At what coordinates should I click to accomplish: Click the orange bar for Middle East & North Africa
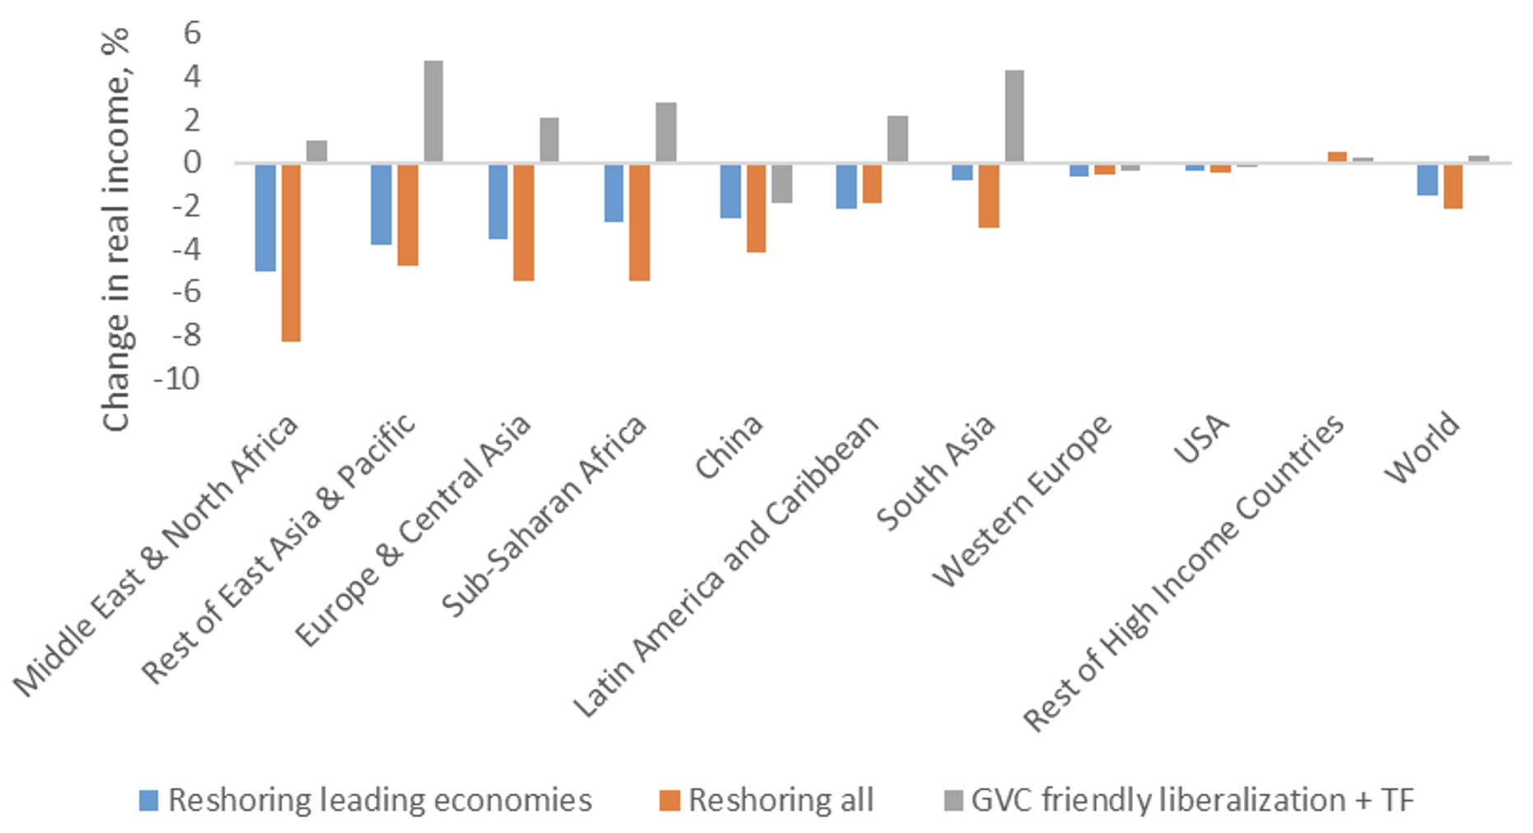click(x=291, y=252)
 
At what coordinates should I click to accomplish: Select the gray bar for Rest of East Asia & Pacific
click(x=433, y=111)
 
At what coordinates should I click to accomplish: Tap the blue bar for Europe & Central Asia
click(x=497, y=201)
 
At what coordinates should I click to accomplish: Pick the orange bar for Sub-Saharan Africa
click(x=640, y=221)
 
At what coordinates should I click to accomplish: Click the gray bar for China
click(x=781, y=183)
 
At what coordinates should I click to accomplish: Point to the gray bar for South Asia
click(x=1014, y=116)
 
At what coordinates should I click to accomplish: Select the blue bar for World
click(x=1428, y=179)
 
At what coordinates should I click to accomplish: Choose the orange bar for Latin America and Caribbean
click(x=872, y=183)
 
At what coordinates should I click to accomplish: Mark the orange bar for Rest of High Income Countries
click(x=1337, y=156)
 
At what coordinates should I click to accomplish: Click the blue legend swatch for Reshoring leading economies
click(x=149, y=800)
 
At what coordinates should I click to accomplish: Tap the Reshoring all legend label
click(x=780, y=800)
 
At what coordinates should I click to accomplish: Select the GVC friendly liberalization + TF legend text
click(x=1192, y=800)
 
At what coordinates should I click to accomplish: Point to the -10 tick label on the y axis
click(x=177, y=379)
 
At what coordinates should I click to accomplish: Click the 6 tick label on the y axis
click(x=193, y=33)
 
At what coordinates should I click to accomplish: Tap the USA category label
click(x=1201, y=439)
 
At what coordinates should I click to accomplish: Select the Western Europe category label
click(x=1023, y=500)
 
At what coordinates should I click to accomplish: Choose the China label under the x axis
click(x=729, y=446)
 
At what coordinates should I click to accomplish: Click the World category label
click(x=1422, y=448)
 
